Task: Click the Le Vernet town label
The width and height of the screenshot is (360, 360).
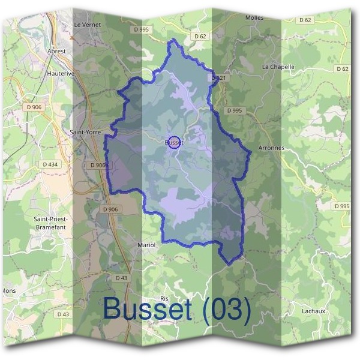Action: [87, 25]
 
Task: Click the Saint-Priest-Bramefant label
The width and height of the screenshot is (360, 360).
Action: [50, 223]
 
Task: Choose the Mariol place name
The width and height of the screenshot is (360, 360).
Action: [146, 245]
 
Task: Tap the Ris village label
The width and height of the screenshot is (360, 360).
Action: [165, 298]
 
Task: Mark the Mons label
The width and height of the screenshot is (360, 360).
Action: [9, 290]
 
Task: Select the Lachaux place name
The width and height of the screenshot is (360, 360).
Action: [314, 311]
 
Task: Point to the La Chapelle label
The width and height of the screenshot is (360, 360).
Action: [278, 67]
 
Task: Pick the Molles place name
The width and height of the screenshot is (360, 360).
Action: [254, 18]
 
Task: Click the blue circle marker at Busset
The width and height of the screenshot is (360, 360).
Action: [174, 143]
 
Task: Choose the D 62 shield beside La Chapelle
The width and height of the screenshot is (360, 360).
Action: [342, 69]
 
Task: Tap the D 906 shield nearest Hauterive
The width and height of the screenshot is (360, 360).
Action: [34, 107]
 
